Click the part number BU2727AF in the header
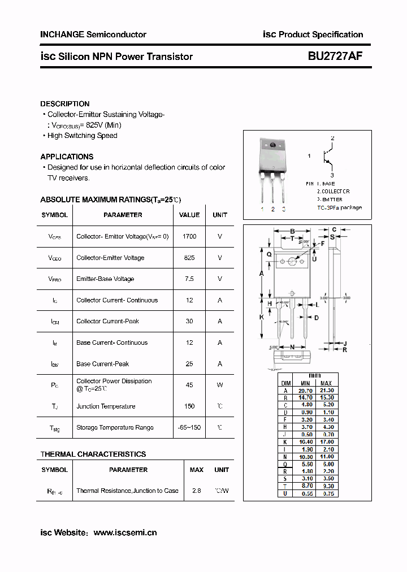click(x=335, y=56)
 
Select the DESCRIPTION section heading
click(x=64, y=104)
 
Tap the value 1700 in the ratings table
click(x=189, y=236)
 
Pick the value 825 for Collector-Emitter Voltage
click(x=189, y=258)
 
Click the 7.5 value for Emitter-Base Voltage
click(x=189, y=279)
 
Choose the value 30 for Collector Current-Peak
click(x=189, y=321)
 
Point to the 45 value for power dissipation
click(x=189, y=385)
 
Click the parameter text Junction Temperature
click(x=106, y=406)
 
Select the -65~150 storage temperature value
click(x=189, y=427)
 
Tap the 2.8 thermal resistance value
click(x=196, y=491)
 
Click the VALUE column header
click(x=189, y=215)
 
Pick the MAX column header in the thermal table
click(x=196, y=470)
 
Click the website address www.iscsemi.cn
click(x=125, y=532)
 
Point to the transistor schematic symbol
click(x=327, y=157)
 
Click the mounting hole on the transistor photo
click(x=272, y=146)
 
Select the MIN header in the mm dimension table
click(x=305, y=383)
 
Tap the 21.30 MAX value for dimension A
click(x=326, y=390)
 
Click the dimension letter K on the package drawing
click(x=262, y=317)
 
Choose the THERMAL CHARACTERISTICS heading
click(x=93, y=454)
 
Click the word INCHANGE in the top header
click(x=62, y=34)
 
